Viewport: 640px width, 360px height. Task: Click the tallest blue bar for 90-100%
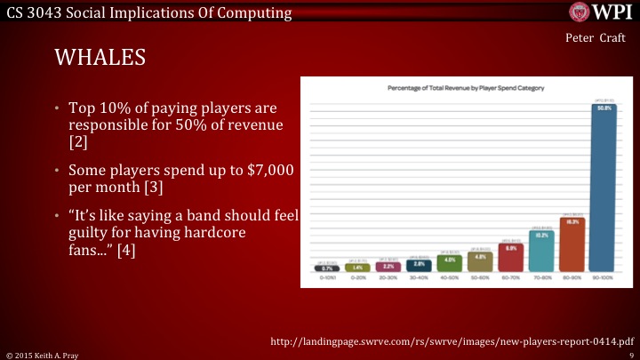(605, 187)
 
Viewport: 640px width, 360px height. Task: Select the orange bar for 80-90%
(572, 244)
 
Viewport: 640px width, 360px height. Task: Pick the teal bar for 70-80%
(541, 252)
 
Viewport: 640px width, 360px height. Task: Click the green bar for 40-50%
(449, 262)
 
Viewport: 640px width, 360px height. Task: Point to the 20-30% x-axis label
(388, 278)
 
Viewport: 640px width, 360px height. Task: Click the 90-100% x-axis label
(604, 278)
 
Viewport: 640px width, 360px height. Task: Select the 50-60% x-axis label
(480, 278)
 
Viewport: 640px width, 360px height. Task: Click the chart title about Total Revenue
(466, 89)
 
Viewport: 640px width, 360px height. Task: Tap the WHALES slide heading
(100, 59)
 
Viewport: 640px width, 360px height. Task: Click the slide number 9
(631, 355)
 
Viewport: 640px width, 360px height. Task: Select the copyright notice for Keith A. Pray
(42, 355)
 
